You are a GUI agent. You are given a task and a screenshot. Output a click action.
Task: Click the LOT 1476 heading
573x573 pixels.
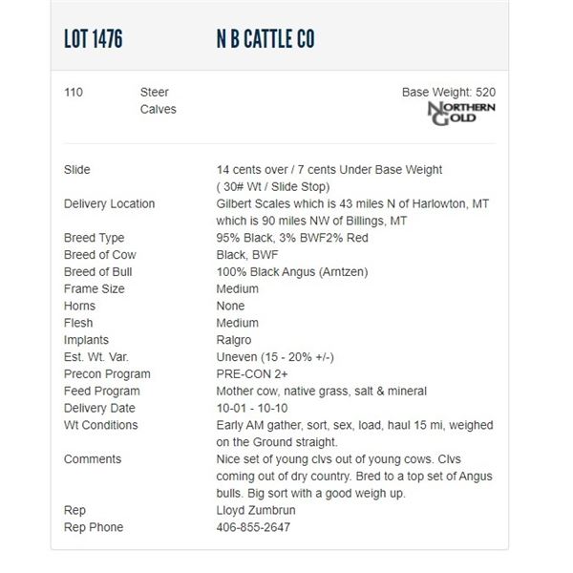[93, 39]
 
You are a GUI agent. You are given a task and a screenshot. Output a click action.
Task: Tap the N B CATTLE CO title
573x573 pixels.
[265, 39]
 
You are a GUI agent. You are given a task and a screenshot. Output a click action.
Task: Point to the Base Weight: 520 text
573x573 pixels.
[448, 93]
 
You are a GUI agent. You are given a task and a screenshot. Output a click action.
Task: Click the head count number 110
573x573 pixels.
[74, 93]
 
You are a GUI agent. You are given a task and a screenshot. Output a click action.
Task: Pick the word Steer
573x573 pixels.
[155, 93]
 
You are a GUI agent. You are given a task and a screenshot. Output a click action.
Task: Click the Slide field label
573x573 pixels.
[77, 170]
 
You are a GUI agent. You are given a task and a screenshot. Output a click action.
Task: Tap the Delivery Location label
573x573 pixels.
[109, 204]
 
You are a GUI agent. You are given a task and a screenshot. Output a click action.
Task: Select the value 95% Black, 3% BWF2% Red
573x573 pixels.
[292, 238]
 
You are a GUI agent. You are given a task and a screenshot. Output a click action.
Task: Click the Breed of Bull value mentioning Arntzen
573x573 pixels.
[292, 272]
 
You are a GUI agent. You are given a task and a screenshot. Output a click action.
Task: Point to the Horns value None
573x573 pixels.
[231, 307]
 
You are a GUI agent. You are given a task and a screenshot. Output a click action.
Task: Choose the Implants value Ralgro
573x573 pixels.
[235, 340]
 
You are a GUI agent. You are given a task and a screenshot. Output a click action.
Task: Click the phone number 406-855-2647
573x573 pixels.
[253, 528]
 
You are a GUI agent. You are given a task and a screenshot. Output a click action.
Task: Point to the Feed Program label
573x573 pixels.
[101, 392]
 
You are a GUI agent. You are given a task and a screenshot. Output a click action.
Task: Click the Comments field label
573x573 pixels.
[93, 459]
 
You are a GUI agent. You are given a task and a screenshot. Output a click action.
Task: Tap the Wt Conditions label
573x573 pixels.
[100, 425]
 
